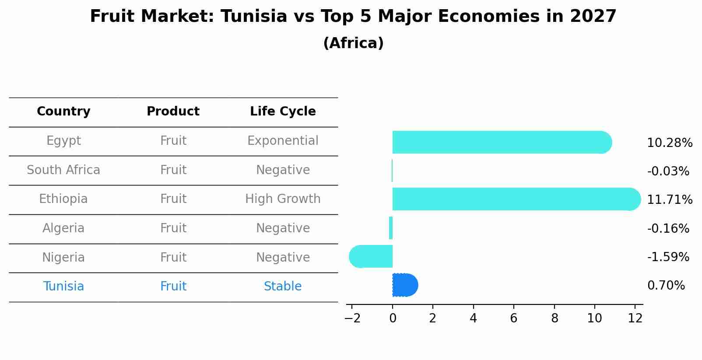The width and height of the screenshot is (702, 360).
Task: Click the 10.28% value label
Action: [x=669, y=143]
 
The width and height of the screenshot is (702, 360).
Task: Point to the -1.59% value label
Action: [x=668, y=257]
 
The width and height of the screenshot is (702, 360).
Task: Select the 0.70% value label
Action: [x=666, y=286]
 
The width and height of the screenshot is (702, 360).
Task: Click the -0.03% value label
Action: [x=668, y=171]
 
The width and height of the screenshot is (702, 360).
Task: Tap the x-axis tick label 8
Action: [x=554, y=318]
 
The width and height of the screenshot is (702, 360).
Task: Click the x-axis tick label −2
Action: [x=352, y=318]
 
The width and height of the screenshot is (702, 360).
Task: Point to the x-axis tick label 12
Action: [x=635, y=318]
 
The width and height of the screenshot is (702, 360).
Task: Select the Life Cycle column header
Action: [x=283, y=112]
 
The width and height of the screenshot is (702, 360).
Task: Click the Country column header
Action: [x=63, y=112]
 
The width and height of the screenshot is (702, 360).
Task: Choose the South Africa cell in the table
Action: [x=63, y=170]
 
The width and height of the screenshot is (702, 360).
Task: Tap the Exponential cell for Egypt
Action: [x=283, y=141]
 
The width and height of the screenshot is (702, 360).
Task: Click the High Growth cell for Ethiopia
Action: [x=283, y=199]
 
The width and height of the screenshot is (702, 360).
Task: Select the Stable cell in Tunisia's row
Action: [x=283, y=287]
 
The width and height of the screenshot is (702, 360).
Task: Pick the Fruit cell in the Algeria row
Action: [x=173, y=228]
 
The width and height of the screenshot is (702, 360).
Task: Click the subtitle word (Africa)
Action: [x=353, y=43]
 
